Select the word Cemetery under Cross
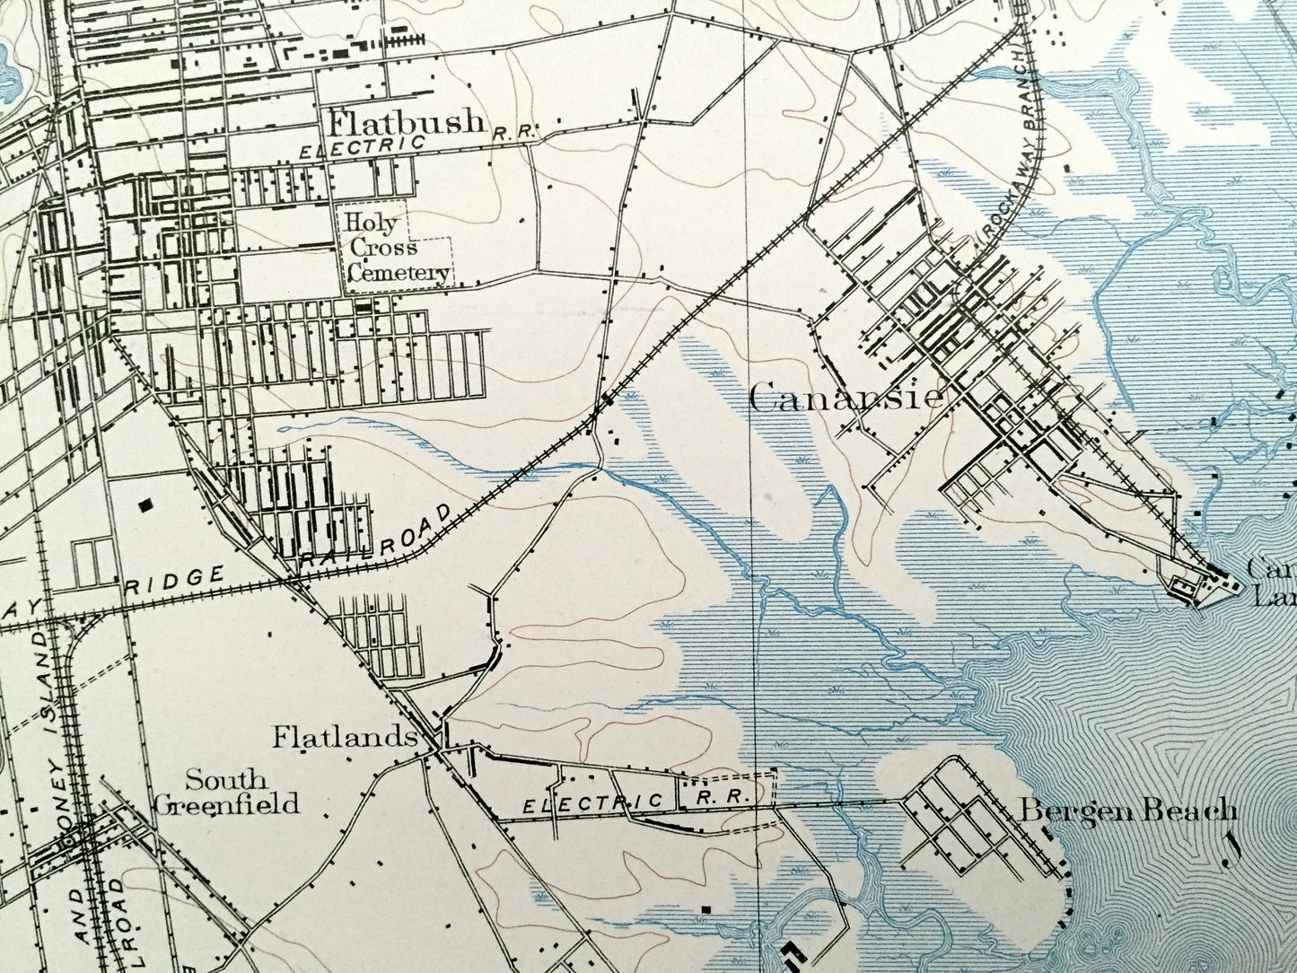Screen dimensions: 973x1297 pyautogui.click(x=398, y=272)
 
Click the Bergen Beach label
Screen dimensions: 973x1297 pyautogui.click(x=1126, y=811)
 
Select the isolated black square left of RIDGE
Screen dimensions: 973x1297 pyautogui.click(x=145, y=505)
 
